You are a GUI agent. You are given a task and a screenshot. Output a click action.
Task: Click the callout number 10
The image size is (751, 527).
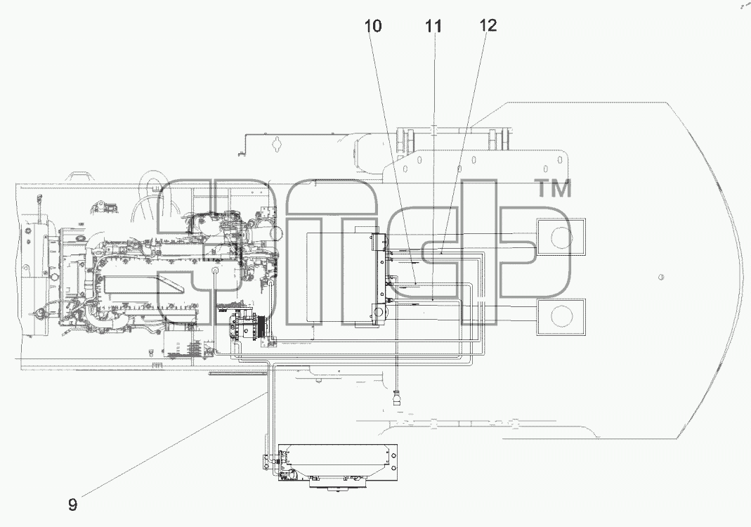pos(373,26)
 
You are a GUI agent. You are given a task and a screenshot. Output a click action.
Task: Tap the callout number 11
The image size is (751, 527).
pos(433,26)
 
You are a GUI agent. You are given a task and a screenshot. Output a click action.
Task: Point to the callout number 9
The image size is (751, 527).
pos(73,505)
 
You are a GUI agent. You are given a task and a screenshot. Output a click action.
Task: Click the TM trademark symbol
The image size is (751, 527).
pos(553,188)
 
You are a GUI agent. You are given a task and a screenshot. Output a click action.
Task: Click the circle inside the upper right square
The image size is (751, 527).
pos(561,238)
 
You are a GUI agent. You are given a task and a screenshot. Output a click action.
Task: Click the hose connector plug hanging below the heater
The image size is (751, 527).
pos(397,398)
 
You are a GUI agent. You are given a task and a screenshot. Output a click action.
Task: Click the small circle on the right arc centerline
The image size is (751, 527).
pos(660,277)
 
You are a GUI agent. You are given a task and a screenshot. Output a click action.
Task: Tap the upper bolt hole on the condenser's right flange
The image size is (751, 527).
pos(393,453)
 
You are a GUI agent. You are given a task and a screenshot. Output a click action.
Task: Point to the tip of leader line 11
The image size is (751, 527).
pos(433,301)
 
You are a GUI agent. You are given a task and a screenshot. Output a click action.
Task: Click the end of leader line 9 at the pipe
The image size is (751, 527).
pos(267,391)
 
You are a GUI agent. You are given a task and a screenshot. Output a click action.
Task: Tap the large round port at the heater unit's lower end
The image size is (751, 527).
pos(379,312)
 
